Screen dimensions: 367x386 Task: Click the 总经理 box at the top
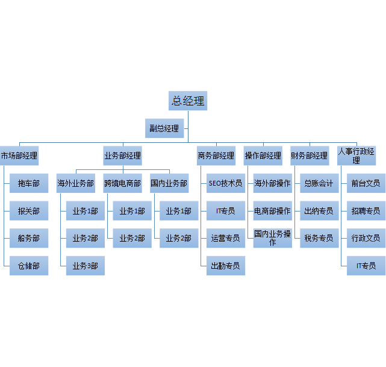188,101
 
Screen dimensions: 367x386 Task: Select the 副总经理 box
164,128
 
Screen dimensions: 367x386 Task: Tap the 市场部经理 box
19,155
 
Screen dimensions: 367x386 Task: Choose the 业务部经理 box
122,155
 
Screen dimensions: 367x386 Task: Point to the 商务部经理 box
216,155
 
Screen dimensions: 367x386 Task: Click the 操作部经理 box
263,155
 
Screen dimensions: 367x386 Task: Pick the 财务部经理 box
309,155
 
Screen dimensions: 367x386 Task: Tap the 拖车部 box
29,183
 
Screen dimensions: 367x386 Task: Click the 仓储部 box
29,266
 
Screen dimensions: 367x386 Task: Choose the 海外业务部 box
76,183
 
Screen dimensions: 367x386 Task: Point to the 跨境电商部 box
122,183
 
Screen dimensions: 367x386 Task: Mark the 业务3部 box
85,266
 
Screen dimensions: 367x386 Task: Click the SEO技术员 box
225,183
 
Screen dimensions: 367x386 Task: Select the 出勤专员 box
225,266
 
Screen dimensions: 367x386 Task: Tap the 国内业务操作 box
272,238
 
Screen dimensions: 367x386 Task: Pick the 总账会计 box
319,183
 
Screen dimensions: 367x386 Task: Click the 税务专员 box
319,238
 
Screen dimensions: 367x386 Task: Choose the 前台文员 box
366,183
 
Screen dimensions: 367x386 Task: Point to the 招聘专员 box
366,211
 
